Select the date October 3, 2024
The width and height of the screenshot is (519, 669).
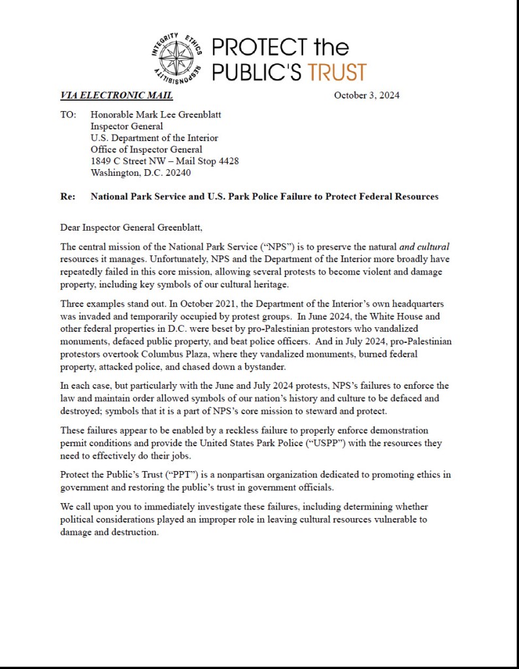coord(367,95)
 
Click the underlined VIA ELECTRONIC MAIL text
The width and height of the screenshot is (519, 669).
coord(116,95)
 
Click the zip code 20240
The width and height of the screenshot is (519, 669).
coord(178,173)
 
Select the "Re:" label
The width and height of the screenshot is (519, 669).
coord(67,196)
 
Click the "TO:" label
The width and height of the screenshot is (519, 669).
coord(68,114)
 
